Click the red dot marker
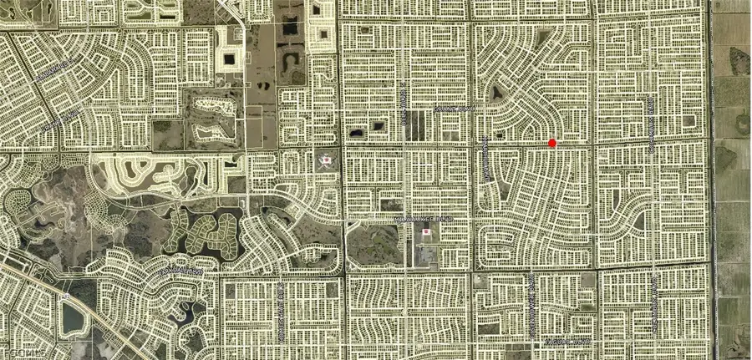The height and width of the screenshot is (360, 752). coord(552,143)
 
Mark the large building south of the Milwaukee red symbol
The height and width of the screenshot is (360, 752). coord(426,251)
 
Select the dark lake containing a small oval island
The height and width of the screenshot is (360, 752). coord(739,58)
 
